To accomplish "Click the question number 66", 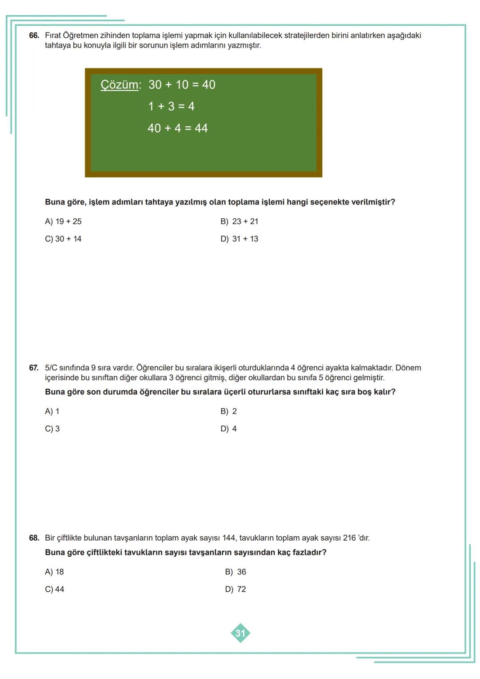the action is click(34, 36).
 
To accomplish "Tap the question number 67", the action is click(34, 368).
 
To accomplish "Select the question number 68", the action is click(34, 538).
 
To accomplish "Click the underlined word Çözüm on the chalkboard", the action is click(120, 84).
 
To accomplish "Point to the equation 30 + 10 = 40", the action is click(182, 84).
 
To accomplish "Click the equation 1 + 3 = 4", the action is click(171, 106).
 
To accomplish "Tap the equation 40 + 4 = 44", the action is click(178, 128).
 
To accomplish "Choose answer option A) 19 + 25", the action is click(63, 221).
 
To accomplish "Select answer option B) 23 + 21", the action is click(239, 221).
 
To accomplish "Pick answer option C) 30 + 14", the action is click(63, 239).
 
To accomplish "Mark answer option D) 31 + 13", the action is click(239, 239).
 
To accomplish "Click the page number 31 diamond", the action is click(240, 633).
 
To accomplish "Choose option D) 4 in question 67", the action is click(228, 429).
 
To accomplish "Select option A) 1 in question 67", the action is click(52, 411).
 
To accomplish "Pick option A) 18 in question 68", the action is click(54, 572).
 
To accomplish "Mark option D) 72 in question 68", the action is click(235, 589).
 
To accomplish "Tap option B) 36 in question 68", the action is click(235, 572).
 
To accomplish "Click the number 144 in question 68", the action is click(228, 538).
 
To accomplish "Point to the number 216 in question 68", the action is click(349, 538).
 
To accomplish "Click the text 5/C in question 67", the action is click(51, 368).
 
